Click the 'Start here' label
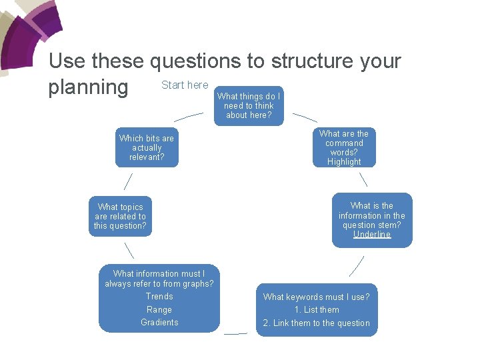tap(185, 85)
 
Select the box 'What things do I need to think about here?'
tap(249, 105)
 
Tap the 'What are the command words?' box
tap(344, 147)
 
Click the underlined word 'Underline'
tap(372, 235)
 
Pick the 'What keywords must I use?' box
tap(316, 297)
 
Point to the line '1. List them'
tap(317, 310)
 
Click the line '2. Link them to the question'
tap(316, 323)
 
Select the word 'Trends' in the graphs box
tap(159, 297)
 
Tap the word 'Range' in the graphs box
tap(159, 310)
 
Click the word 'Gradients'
tap(159, 323)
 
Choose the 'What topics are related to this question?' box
tap(121, 216)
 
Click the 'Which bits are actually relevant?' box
tap(147, 147)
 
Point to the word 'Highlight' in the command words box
tap(344, 162)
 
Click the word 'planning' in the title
tap(88, 87)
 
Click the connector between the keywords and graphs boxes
tap(235, 333)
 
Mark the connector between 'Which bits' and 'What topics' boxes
tap(128, 181)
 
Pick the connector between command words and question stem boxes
tap(363, 179)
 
